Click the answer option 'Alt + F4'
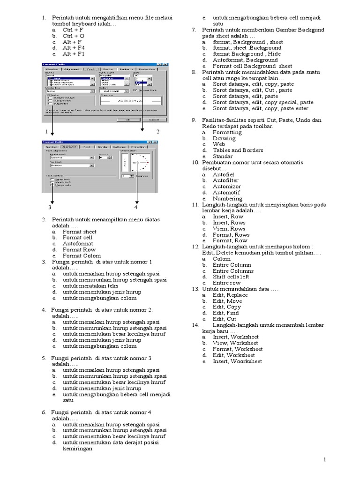(x=74, y=48)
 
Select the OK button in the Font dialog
(x=127, y=120)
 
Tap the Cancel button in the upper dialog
(x=153, y=120)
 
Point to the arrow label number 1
(x=46, y=131)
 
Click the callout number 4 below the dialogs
(x=136, y=207)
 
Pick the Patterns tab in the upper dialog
(x=126, y=69)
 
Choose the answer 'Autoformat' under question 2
(x=78, y=244)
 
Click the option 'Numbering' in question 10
(x=227, y=199)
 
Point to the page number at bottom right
(x=324, y=460)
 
